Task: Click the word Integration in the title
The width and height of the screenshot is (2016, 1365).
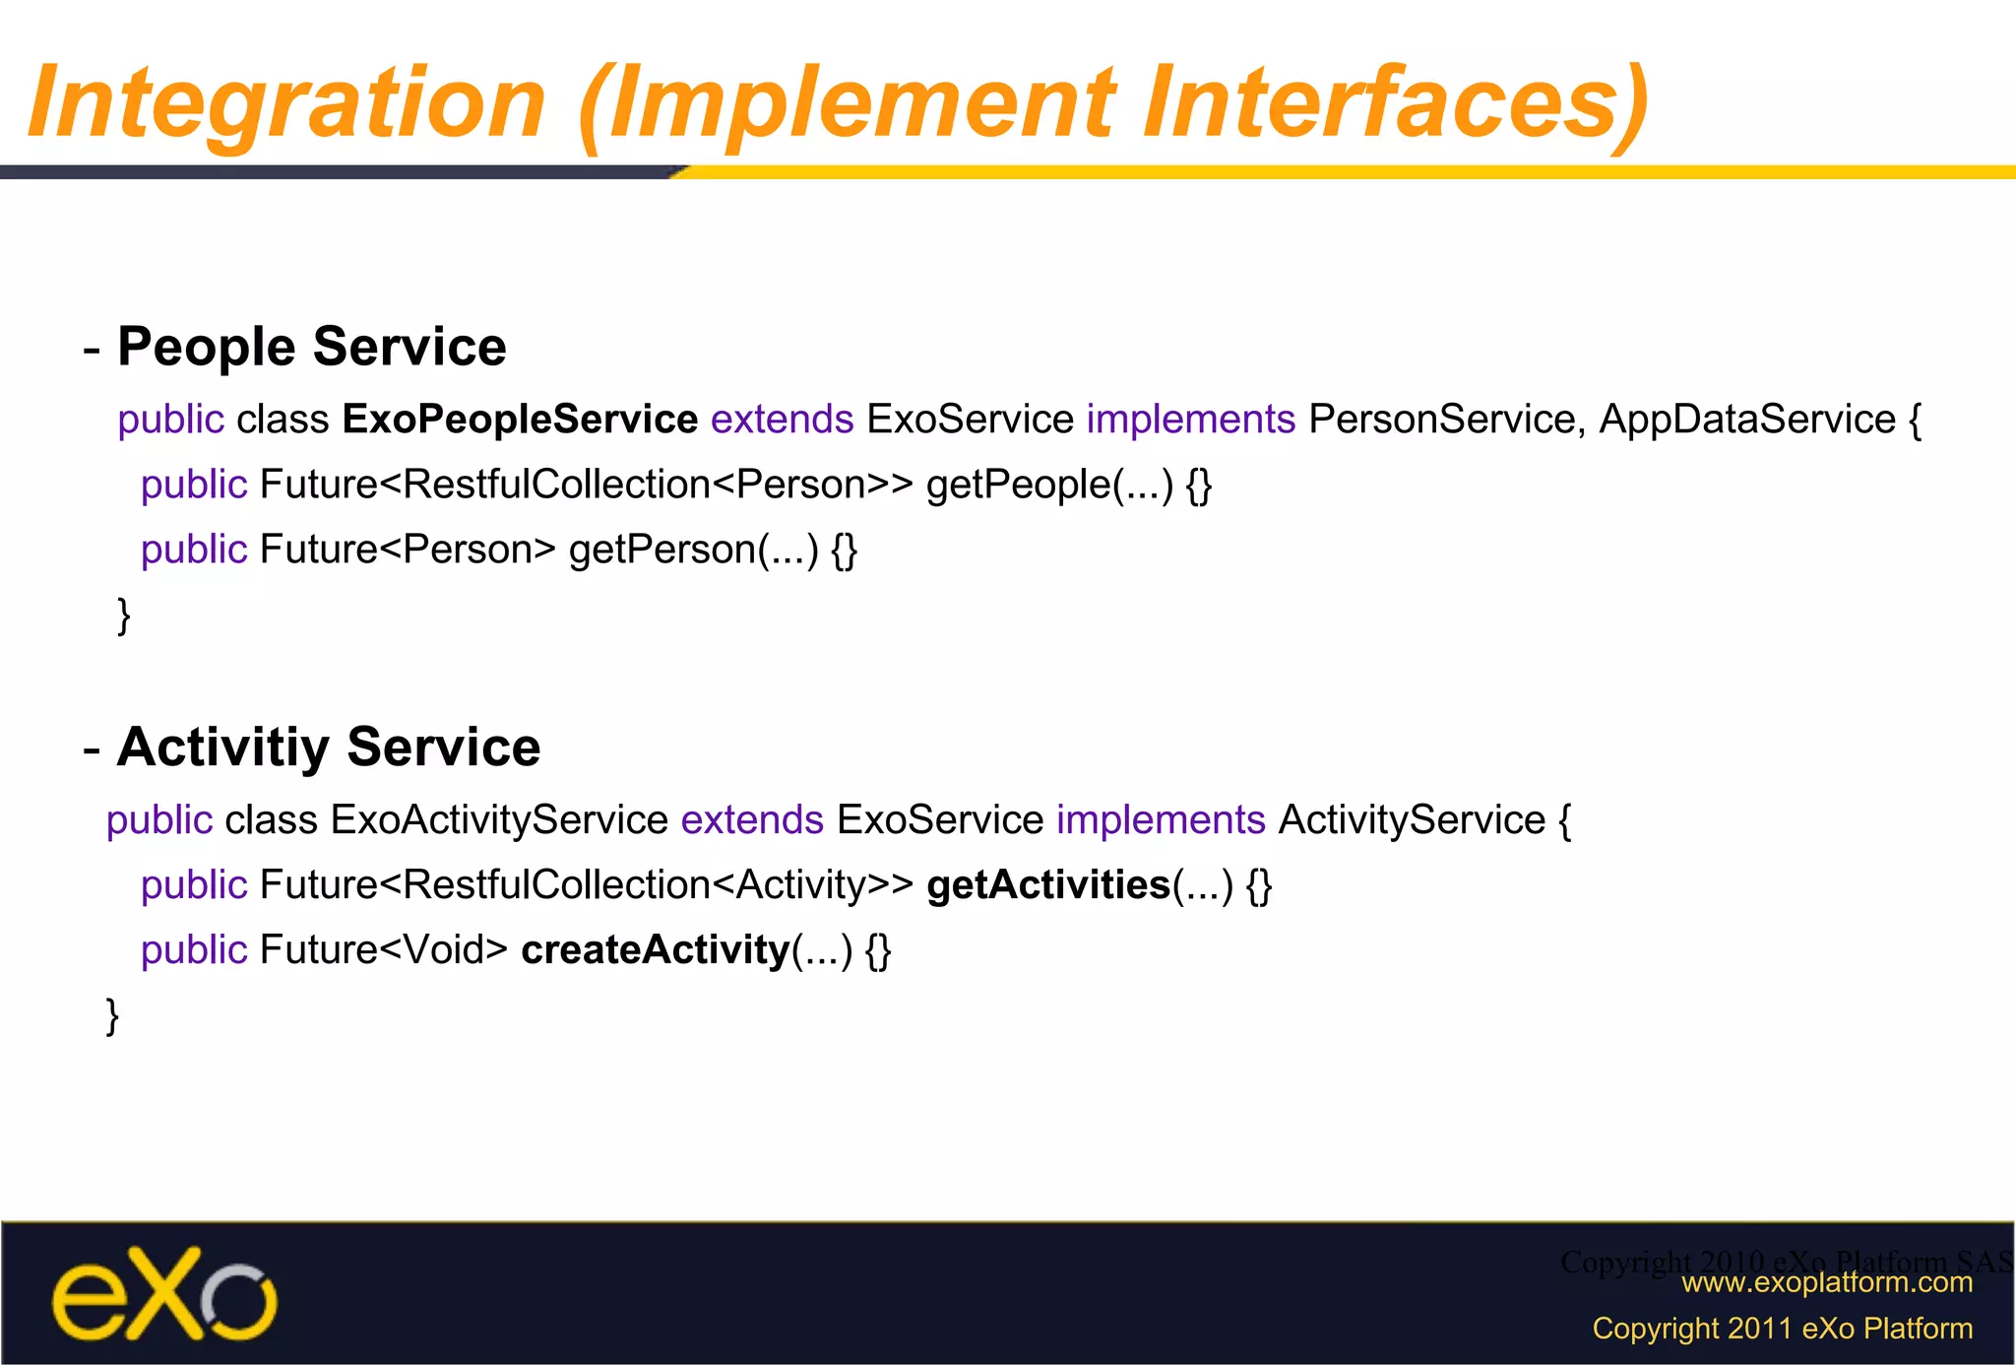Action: coord(286,102)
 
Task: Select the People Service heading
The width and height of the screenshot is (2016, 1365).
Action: coord(311,347)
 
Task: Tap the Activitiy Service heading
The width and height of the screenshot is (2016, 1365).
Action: coord(328,747)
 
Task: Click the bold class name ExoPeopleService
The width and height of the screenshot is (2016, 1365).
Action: coord(520,420)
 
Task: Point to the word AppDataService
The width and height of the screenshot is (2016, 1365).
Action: coord(1746,420)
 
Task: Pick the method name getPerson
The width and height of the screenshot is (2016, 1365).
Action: coord(661,550)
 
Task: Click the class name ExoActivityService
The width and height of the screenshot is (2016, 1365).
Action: coord(499,819)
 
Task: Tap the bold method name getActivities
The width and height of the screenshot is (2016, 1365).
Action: coord(1047,884)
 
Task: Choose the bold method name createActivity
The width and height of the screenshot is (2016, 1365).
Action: coord(655,949)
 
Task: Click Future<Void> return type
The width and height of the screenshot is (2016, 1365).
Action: coord(383,949)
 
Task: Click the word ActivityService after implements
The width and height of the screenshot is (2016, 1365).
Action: coord(1411,819)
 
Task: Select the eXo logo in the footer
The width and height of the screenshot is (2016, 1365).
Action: coord(164,1293)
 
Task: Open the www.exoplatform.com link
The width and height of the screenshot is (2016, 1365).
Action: coord(1826,1282)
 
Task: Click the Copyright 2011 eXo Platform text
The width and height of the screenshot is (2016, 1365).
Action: coord(1782,1329)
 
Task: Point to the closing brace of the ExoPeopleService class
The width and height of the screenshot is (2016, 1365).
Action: coord(124,616)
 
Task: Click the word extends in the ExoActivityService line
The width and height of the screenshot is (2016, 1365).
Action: coord(752,819)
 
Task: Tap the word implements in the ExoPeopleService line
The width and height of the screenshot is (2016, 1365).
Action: coord(1190,420)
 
